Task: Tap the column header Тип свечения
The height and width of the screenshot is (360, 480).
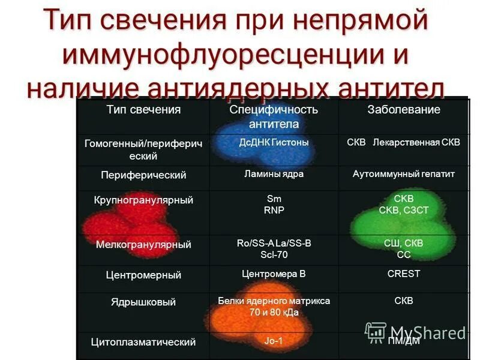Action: (143, 110)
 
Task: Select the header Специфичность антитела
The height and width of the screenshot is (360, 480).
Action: (274, 117)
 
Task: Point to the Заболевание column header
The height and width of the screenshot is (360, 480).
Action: (404, 110)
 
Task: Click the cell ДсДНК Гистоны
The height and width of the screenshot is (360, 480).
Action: (274, 143)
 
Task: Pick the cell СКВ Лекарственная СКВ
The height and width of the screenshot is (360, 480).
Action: (404, 143)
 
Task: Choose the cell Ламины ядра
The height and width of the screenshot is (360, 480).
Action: (274, 174)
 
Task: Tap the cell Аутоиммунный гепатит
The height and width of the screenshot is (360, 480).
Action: (404, 174)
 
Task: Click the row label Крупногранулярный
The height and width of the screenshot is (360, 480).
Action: (143, 200)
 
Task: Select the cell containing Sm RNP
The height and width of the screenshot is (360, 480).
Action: (274, 205)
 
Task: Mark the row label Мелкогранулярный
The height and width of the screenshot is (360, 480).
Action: (143, 245)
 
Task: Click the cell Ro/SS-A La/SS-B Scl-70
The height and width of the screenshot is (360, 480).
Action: (274, 248)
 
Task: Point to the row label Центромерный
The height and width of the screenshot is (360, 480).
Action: (143, 275)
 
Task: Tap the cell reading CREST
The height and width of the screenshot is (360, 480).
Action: (404, 274)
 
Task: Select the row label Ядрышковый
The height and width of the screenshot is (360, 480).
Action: (143, 302)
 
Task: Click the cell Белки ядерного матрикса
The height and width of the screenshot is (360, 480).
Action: (274, 307)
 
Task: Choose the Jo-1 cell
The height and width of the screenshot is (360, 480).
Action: (274, 341)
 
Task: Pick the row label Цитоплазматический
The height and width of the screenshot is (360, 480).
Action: (143, 342)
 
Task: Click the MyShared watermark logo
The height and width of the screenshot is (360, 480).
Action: (415, 332)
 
